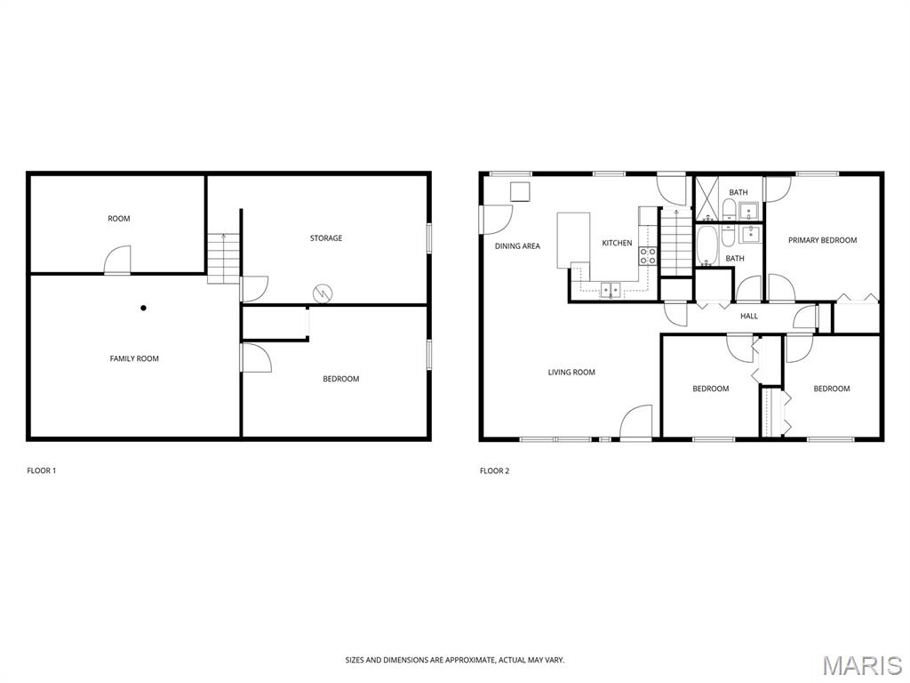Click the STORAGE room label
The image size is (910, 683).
tap(325, 238)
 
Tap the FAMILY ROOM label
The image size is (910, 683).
tap(134, 359)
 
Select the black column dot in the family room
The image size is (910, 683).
tap(143, 308)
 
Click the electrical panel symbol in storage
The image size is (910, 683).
tap(322, 293)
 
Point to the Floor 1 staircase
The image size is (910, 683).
tap(223, 259)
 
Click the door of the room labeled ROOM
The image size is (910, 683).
tap(118, 260)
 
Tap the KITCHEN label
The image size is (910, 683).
tap(617, 244)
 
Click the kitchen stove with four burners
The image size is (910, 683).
tap(648, 256)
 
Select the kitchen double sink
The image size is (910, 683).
tap(610, 289)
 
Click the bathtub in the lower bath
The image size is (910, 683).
tap(706, 245)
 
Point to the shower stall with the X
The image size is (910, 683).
tap(707, 198)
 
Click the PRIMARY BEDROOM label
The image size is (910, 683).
tap(822, 240)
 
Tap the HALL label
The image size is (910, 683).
tap(749, 317)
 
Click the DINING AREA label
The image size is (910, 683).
tap(517, 246)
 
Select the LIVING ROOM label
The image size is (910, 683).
tap(571, 373)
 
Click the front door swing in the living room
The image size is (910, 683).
tap(636, 422)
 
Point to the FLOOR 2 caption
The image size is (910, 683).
tap(494, 471)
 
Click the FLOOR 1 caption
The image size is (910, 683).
tap(41, 471)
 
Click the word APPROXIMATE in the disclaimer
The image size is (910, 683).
tap(469, 661)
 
